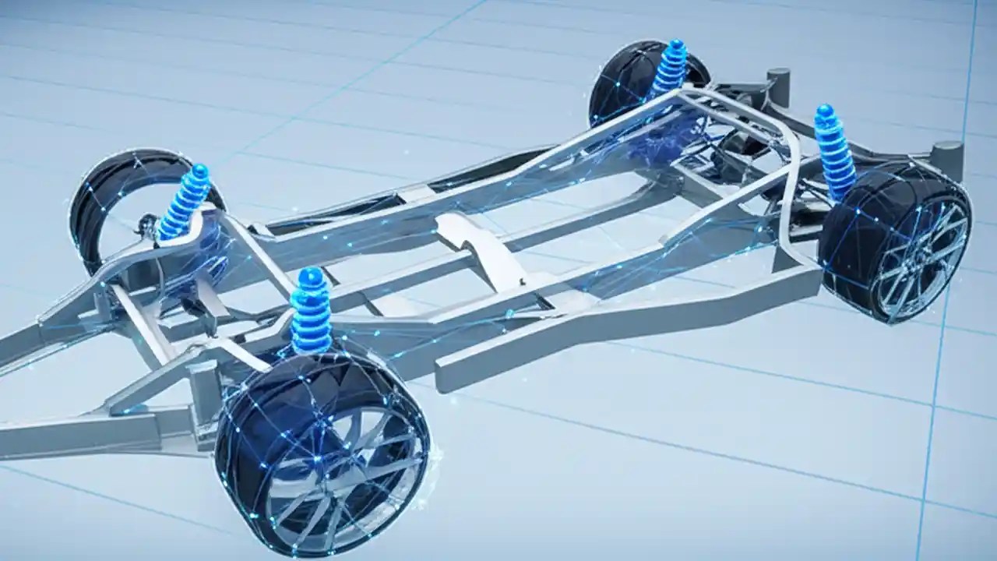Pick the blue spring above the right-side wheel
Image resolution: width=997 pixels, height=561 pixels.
point(834,152)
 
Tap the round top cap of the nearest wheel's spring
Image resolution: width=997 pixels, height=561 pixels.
point(311,276)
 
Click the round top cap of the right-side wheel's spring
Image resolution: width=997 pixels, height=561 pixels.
point(824,111)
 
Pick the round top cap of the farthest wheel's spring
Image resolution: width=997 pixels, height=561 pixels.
point(674,47)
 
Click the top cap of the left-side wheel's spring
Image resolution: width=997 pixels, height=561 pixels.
point(199,171)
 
